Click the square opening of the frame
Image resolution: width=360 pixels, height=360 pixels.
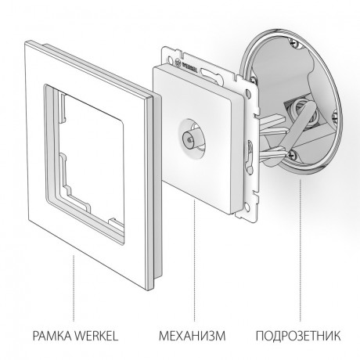[x=90, y=145]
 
